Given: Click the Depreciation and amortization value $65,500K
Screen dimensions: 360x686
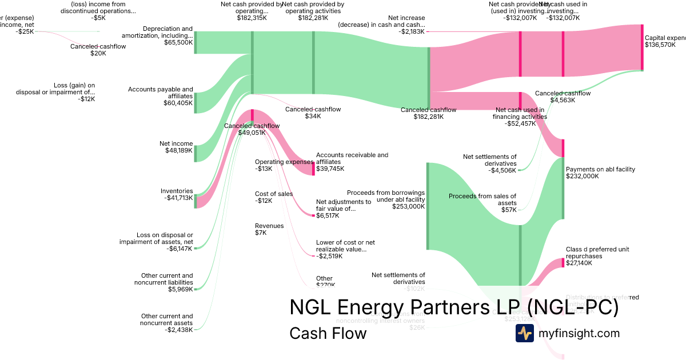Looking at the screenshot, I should (x=178, y=42).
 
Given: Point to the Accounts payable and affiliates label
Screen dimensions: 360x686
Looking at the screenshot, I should (x=161, y=93).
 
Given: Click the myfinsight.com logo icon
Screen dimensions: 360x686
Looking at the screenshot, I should (x=524, y=333).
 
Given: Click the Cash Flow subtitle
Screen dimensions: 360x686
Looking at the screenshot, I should (x=328, y=333).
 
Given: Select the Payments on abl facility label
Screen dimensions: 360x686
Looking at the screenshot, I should (x=600, y=169).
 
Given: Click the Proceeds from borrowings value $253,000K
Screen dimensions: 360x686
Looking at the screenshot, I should (x=408, y=207).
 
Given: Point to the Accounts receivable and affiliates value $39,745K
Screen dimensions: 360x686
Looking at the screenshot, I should (x=330, y=169).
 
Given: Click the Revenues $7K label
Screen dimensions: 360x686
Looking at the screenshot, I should (x=269, y=229).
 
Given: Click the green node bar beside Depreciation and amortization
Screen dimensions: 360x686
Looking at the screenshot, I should (x=196, y=42).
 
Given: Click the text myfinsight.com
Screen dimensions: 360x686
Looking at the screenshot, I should (x=579, y=333).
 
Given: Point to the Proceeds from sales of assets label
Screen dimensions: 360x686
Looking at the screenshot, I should (x=482, y=199).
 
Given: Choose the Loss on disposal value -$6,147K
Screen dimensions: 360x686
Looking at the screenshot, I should (x=178, y=249).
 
